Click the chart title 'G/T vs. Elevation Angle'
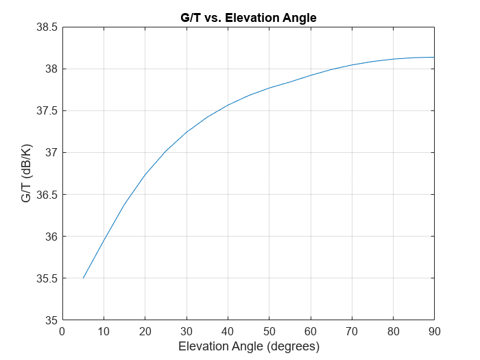pos(248,18)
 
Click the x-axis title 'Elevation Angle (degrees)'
pos(248,346)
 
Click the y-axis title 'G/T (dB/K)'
pos(25,173)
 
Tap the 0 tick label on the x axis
pos(62,331)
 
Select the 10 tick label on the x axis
pos(104,331)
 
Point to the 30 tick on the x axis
pos(187,331)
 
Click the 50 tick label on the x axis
pos(269,331)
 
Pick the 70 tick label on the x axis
pos(352,331)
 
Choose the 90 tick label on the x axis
pos(434,331)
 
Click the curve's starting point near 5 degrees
pos(83,278)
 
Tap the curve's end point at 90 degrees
pos(434,57)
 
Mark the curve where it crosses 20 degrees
pos(145,175)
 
